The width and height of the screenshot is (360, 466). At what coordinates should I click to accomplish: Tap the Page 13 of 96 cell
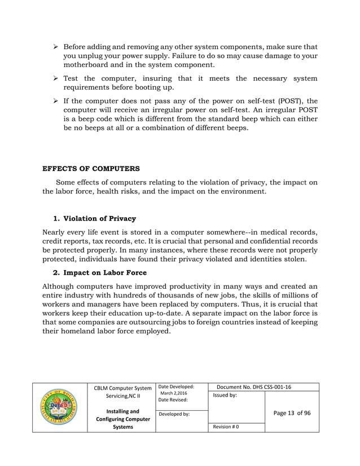tap(292, 413)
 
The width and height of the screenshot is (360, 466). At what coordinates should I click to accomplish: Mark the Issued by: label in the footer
tap(225, 395)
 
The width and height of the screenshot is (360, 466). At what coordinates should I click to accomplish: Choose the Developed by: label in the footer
tap(175, 414)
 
